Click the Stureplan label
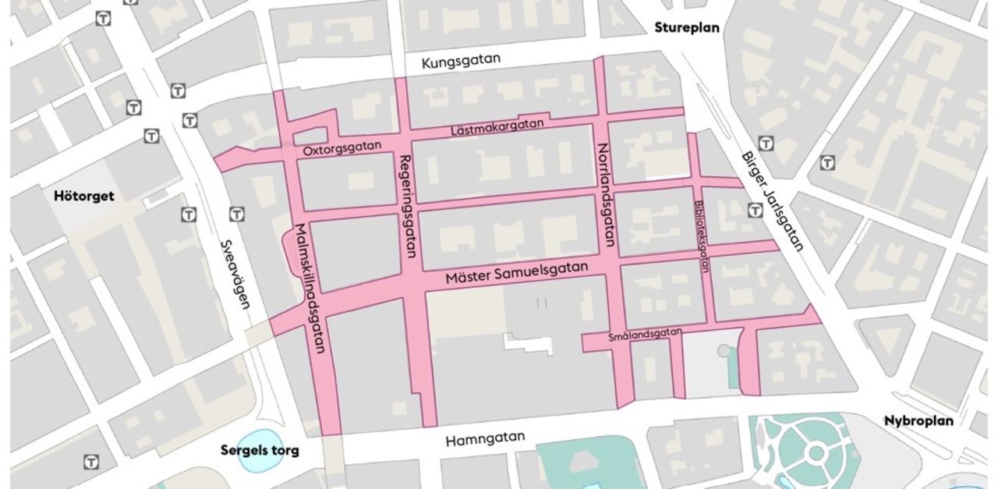pos(687,28)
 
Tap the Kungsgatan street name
pos(461,61)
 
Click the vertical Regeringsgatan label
pos(406,207)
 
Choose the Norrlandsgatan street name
pos(606,199)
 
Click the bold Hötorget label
pos(83,196)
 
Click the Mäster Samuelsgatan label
pos(516,274)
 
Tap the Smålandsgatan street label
pos(645,335)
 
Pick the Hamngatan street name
pos(485,439)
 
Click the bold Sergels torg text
pos(260,450)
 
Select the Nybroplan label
pos(918,420)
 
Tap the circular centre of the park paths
pos(816,453)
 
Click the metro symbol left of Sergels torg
pos(92,462)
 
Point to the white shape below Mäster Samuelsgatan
pos(528,342)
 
